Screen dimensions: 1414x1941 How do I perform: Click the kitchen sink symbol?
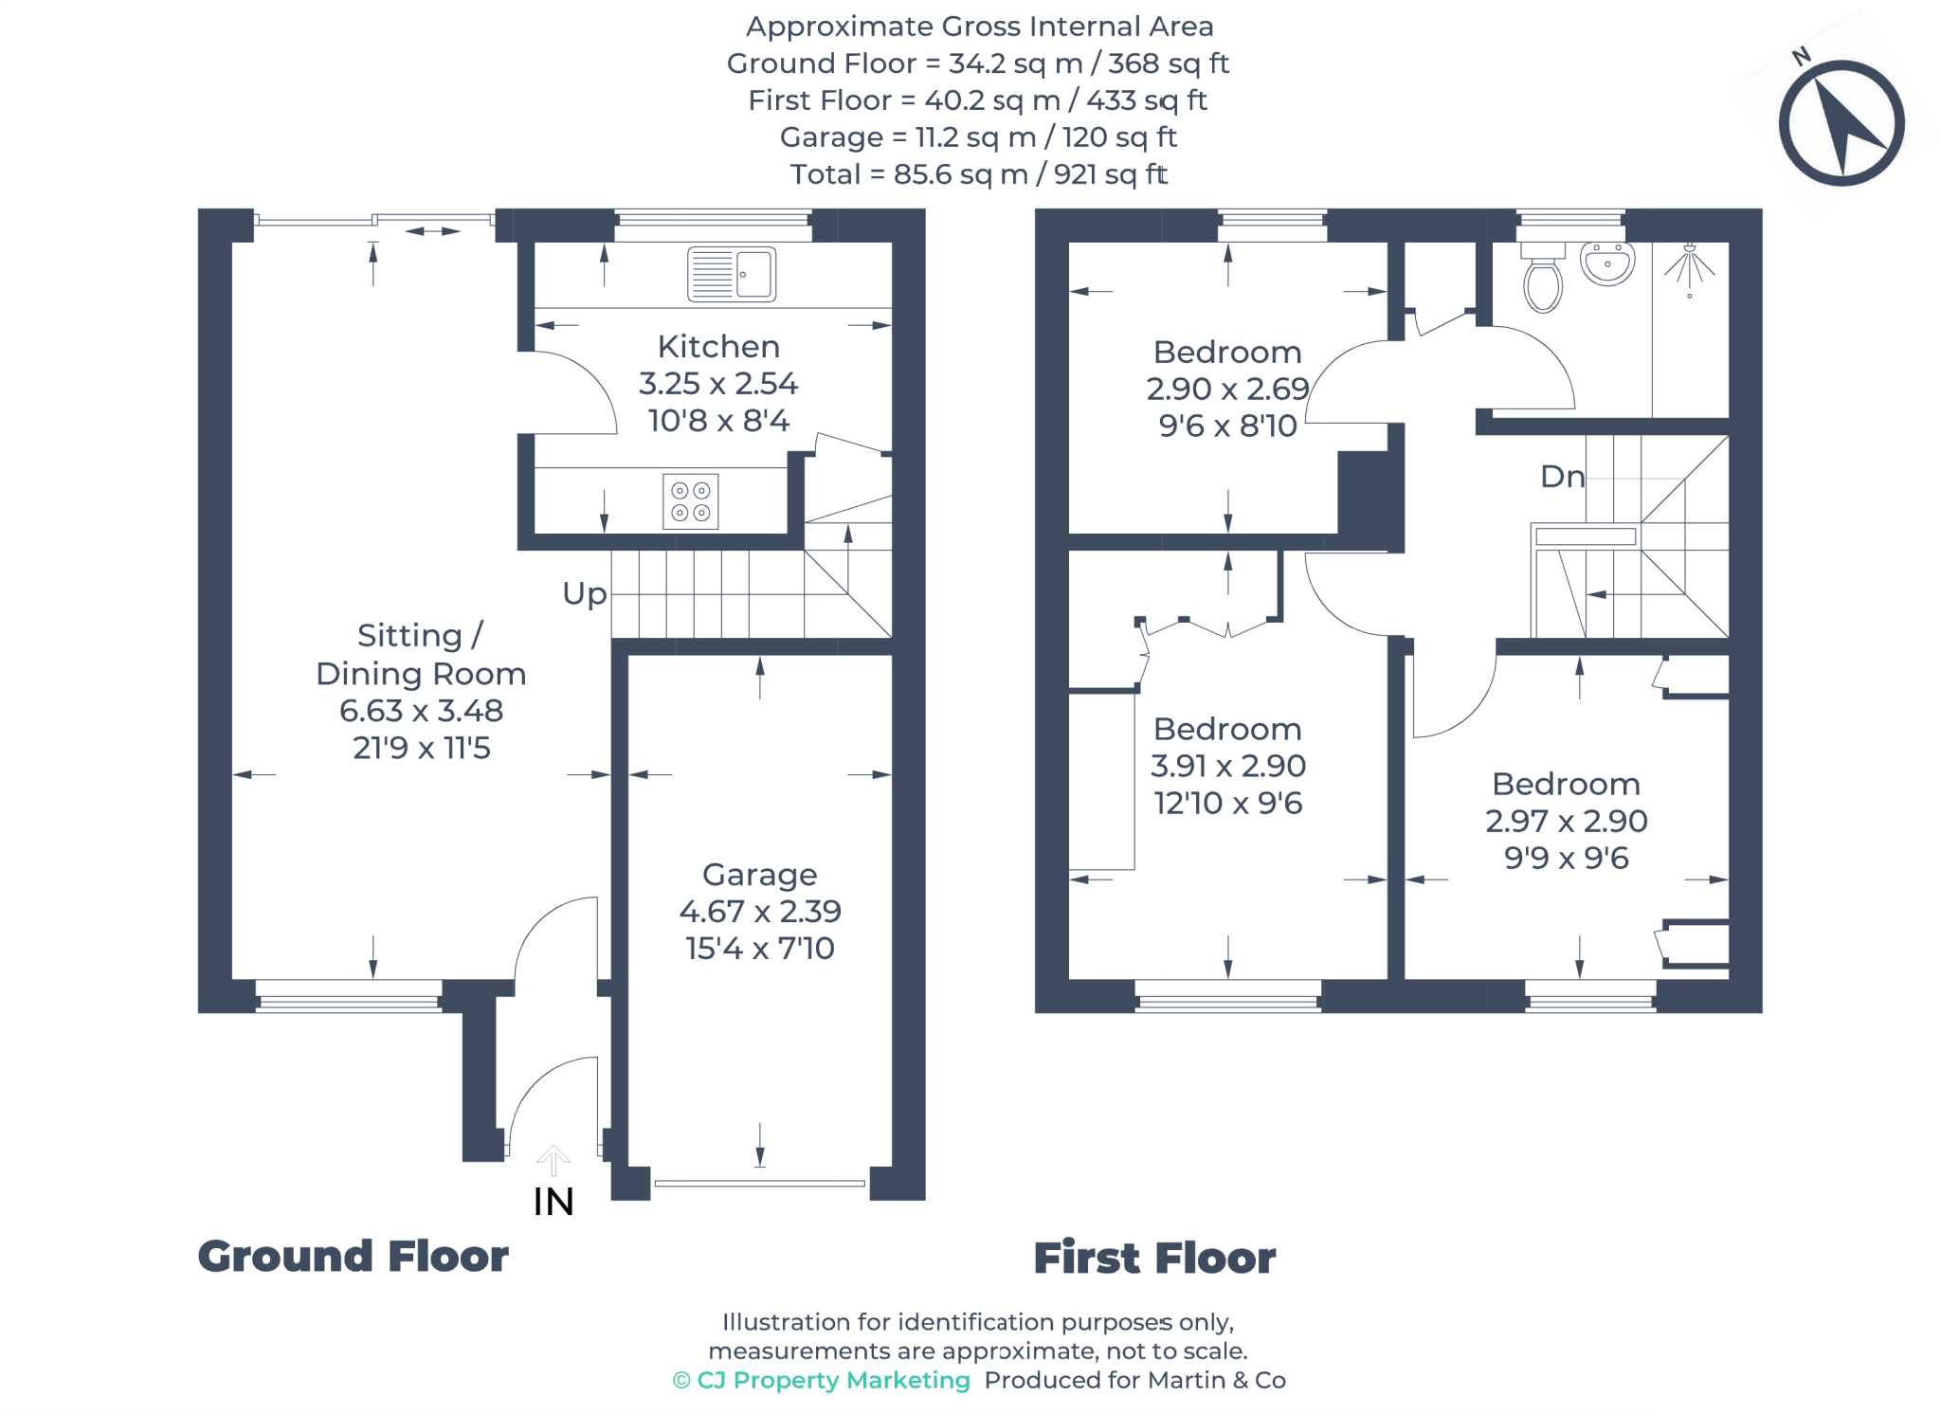click(x=731, y=274)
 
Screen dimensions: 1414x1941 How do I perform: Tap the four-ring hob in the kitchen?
click(x=690, y=501)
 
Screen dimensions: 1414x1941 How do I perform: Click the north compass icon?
click(x=1841, y=123)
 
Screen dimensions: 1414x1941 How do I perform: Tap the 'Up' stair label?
click(x=584, y=594)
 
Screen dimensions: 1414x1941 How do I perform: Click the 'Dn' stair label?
click(x=1562, y=477)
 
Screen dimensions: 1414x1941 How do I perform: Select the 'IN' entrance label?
click(x=553, y=1202)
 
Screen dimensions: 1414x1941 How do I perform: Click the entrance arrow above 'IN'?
click(x=553, y=1160)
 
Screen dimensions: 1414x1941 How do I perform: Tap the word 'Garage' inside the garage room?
click(x=759, y=875)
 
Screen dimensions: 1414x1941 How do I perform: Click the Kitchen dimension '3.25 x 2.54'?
click(x=717, y=384)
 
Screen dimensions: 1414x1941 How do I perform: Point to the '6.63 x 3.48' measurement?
click(x=421, y=711)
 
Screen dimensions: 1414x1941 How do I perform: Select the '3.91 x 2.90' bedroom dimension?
click(x=1227, y=766)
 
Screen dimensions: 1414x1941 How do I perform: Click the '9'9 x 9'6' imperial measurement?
click(x=1566, y=859)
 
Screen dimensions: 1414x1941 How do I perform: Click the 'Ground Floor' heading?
click(x=353, y=1257)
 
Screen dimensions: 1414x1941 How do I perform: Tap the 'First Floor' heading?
click(x=1153, y=1259)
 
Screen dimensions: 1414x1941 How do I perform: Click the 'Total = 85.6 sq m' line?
click(x=978, y=174)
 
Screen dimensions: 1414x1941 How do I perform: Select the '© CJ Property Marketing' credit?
click(x=821, y=1380)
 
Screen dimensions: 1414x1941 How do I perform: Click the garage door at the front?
click(x=759, y=1183)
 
